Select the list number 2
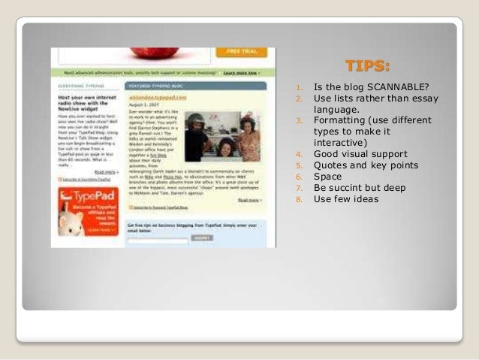(298, 98)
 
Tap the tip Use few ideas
(346, 199)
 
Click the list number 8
(298, 200)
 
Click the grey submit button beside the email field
(201, 238)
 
